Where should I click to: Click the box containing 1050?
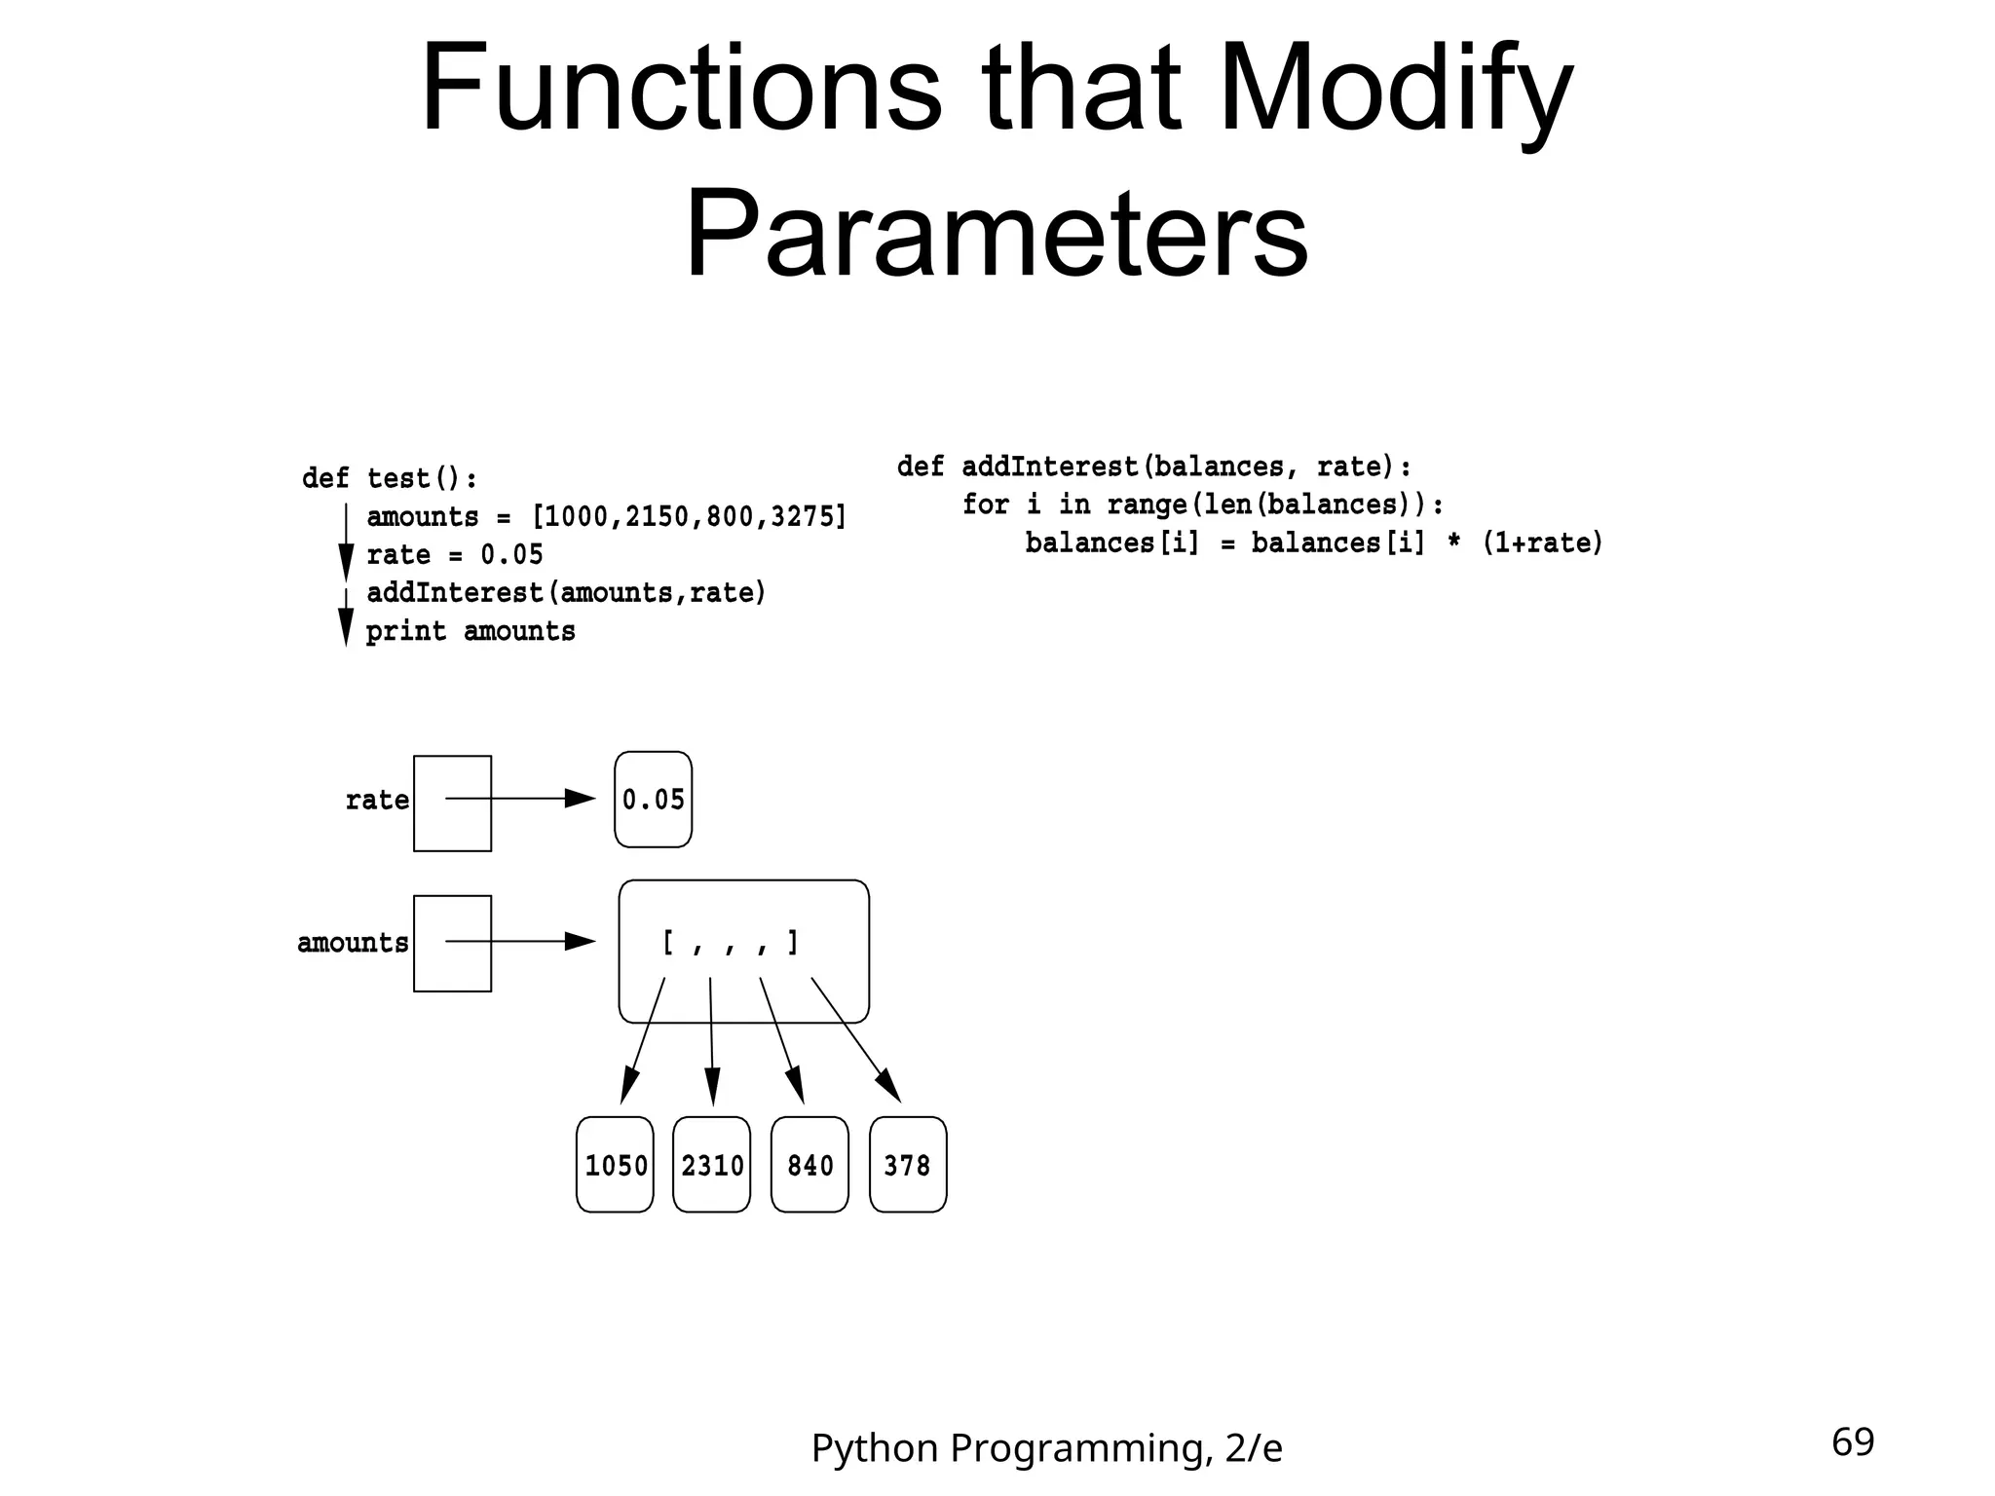[x=615, y=1164]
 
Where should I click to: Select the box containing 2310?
[x=712, y=1164]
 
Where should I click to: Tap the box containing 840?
[x=809, y=1164]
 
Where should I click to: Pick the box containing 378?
[x=908, y=1164]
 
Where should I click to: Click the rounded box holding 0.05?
[x=654, y=800]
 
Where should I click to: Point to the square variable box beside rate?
[x=452, y=804]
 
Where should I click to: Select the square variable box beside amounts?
[x=452, y=944]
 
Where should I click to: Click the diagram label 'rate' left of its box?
[x=377, y=801]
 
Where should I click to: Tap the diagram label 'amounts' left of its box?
[x=353, y=943]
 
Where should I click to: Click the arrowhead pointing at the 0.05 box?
[x=581, y=799]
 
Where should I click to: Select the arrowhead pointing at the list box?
[x=581, y=941]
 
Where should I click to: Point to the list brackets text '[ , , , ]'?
[x=731, y=943]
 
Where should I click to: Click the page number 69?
[x=1853, y=1442]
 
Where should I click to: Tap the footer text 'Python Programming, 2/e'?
[x=1046, y=1448]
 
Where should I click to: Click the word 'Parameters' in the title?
[x=997, y=237]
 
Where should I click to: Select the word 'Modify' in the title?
[x=1395, y=90]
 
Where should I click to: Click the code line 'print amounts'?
[x=471, y=631]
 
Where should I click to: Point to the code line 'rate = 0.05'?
[x=455, y=555]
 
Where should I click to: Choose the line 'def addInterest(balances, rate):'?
[x=1154, y=467]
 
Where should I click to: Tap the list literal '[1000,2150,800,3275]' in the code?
[x=689, y=517]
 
